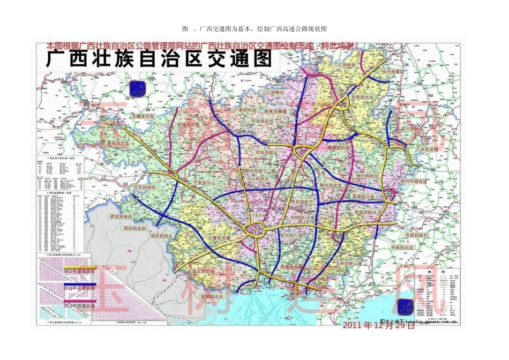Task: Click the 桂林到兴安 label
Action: (x=365, y=97)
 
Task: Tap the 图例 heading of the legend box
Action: (x=429, y=272)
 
